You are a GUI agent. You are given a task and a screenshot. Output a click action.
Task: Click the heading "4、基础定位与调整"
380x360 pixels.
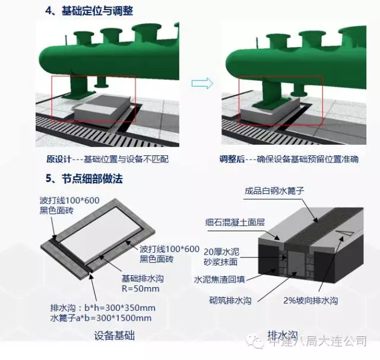89,11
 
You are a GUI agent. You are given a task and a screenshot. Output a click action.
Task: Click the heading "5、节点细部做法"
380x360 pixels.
84,179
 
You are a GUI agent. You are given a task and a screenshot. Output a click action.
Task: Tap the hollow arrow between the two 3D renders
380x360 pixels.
202,83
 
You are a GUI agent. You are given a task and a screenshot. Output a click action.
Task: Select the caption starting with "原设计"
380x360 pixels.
107,159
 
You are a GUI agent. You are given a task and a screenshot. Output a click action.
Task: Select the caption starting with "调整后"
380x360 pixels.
289,159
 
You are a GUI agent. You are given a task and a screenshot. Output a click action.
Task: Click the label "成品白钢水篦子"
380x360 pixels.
274,191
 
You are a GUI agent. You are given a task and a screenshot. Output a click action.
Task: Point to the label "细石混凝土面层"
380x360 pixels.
235,222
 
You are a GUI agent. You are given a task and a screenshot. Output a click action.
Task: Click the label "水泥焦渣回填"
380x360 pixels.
220,279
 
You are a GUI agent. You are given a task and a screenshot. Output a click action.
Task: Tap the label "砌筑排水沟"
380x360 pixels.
230,301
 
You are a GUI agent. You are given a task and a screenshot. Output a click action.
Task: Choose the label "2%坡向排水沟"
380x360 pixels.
311,301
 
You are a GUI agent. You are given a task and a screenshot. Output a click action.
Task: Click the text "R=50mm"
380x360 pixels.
141,289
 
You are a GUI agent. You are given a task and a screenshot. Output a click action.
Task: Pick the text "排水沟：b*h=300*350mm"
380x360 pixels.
103,308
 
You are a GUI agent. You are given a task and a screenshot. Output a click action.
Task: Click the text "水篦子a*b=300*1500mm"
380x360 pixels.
101,318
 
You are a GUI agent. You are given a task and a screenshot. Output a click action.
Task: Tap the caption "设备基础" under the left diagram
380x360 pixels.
115,336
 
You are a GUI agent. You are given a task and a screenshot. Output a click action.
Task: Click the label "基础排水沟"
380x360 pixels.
142,279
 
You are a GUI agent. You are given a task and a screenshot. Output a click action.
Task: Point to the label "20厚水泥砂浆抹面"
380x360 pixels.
221,257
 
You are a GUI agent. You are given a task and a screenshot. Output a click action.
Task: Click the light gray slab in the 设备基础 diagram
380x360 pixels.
100,232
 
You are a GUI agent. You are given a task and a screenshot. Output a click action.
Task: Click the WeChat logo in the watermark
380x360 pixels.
255,340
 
